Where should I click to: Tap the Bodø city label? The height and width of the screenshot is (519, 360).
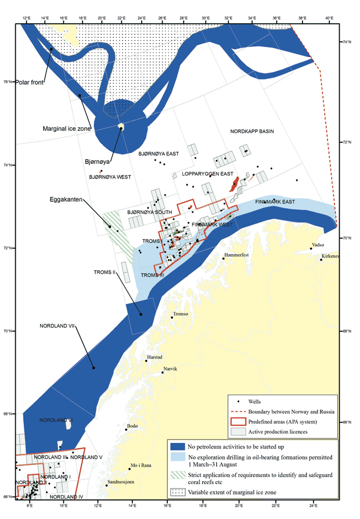(x=132, y=427)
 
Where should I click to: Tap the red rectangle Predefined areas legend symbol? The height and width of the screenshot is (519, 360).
(x=237, y=421)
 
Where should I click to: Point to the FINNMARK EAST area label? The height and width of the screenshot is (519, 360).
(x=275, y=202)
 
